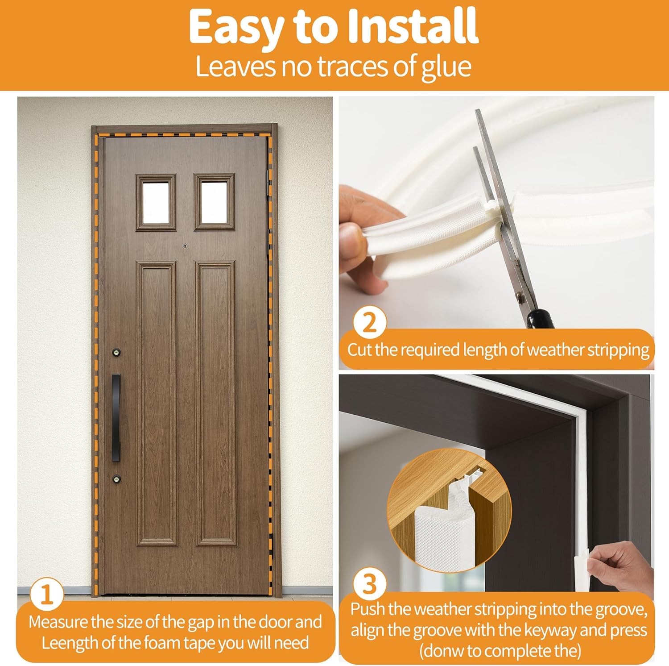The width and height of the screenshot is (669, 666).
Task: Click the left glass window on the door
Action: (156, 202)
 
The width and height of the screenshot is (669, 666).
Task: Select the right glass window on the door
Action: (215, 202)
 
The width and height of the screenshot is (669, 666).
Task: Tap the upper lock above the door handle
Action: (117, 352)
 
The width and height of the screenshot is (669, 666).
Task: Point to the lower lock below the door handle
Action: (117, 478)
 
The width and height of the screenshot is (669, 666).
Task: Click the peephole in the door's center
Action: (185, 246)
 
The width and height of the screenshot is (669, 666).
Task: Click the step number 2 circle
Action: (370, 323)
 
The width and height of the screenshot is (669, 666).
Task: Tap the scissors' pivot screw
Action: (519, 295)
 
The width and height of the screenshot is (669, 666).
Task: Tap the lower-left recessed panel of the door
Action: (157, 404)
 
